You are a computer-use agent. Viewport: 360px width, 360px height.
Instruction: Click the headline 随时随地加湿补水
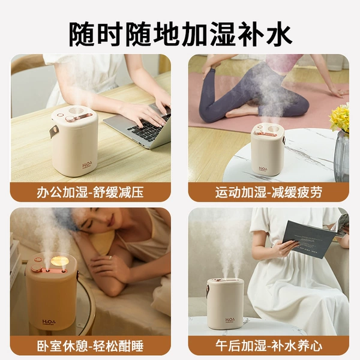coord(181,34)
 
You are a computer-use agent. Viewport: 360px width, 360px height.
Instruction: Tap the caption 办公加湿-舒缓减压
coord(90,192)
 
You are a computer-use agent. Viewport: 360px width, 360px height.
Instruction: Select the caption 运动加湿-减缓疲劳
coord(269,192)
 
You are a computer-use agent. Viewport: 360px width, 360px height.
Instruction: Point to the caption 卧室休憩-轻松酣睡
coord(90,346)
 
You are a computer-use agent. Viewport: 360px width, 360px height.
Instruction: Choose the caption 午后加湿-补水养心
coord(269,346)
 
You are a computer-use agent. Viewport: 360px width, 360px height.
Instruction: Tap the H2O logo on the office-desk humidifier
coord(88,165)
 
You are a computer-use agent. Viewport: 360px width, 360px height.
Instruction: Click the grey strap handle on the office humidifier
coord(53,132)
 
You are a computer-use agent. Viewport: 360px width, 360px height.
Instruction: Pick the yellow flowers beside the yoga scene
coord(340,117)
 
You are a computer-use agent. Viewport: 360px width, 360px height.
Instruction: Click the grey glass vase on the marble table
coord(341,157)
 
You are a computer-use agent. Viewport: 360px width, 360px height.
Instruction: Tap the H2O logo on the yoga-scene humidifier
coord(263,169)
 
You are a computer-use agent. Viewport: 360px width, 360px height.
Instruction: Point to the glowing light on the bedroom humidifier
coord(59,261)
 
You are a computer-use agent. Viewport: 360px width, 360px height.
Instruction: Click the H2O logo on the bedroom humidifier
coord(49,322)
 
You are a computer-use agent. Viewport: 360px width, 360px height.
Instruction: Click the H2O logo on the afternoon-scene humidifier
coord(230,320)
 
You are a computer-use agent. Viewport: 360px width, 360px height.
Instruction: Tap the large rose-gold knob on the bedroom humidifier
coord(36,268)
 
